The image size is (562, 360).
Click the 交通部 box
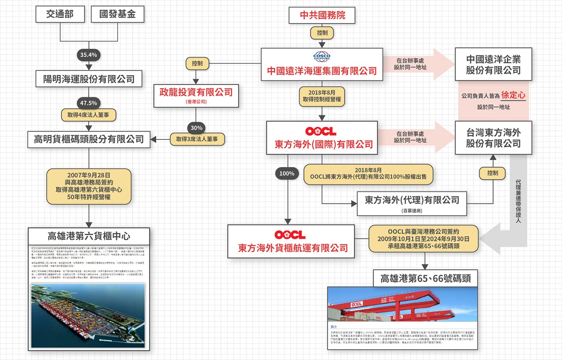click(60, 14)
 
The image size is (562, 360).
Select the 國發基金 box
click(117, 14)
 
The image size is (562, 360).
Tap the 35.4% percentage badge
click(89, 55)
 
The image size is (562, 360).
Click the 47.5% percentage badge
click(89, 103)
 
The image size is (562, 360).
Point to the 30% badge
click(196, 128)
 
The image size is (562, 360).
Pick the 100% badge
click(287, 173)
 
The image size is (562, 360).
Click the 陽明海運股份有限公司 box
click(89, 79)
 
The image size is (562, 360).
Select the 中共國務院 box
click(322, 15)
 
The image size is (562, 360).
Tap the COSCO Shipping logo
click(322, 56)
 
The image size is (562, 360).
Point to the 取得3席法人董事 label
click(197, 139)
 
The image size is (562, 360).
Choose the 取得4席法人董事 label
click(88, 115)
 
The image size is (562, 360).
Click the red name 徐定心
click(513, 95)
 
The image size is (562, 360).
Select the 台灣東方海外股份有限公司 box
click(493, 138)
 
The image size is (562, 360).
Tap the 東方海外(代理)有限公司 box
click(412, 203)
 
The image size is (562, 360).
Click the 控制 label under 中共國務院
click(322, 33)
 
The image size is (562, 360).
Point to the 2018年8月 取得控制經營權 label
click(322, 96)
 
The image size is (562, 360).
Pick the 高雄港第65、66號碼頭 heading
click(425, 278)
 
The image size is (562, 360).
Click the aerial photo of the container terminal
click(88, 315)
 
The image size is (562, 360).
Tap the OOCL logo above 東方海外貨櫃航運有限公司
click(290, 235)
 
